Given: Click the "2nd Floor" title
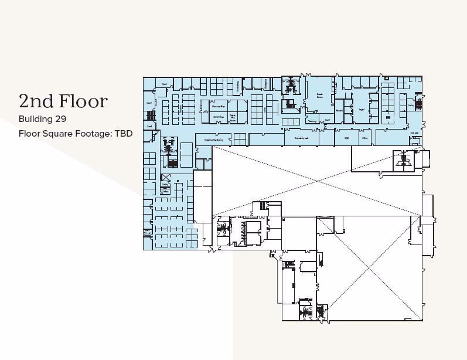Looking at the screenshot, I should (x=63, y=101).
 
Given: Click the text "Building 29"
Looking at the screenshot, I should (x=43, y=120).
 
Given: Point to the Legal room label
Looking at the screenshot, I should (x=362, y=110).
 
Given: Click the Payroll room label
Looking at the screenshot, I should (x=339, y=110).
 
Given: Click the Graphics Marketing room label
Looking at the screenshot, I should (x=214, y=140).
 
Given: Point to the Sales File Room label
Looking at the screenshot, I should (x=232, y=117).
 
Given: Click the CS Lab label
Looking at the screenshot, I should (x=414, y=133).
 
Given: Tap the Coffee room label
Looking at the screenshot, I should (x=165, y=190).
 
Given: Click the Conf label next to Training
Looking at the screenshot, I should (x=327, y=120).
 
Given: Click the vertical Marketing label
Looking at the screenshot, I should (x=237, y=86).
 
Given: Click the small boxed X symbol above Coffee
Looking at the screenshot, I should (x=165, y=177).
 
